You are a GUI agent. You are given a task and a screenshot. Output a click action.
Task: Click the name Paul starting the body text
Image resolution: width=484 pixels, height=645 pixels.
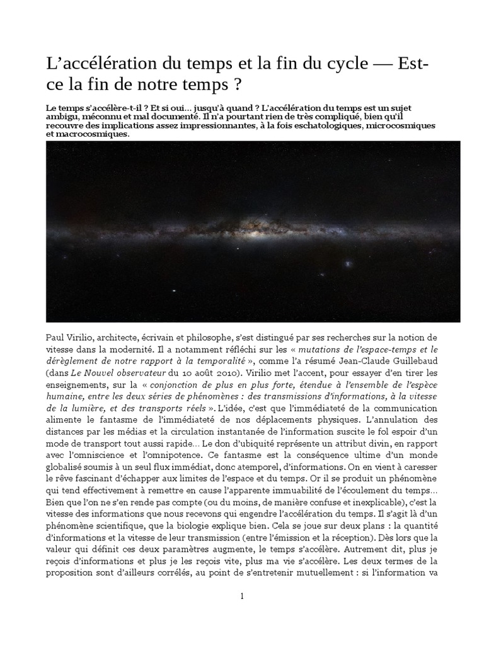pyautogui.click(x=57, y=338)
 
